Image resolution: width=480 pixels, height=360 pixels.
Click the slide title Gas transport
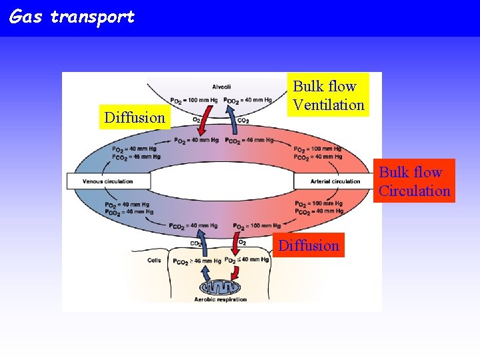click(72, 17)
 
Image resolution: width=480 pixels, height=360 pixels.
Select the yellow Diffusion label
click(134, 118)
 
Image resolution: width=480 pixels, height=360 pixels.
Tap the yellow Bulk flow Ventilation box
click(329, 95)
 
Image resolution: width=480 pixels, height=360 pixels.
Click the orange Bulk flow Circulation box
click(414, 181)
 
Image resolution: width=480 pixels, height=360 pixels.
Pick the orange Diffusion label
click(309, 245)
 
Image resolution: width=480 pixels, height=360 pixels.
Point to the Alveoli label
click(221, 87)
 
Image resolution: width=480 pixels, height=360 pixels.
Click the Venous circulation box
click(108, 181)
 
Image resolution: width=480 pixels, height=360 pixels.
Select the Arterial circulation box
click(335, 181)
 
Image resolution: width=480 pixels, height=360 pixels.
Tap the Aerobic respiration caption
click(221, 299)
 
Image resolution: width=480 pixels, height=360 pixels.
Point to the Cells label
click(154, 261)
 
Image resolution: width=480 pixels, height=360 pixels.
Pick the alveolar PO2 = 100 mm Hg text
click(194, 100)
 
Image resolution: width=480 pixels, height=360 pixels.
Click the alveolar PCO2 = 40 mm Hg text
click(248, 100)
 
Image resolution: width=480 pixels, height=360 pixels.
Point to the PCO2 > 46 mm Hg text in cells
click(197, 261)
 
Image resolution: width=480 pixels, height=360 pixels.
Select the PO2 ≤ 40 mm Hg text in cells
click(247, 260)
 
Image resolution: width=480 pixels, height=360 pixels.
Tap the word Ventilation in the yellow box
click(329, 105)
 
